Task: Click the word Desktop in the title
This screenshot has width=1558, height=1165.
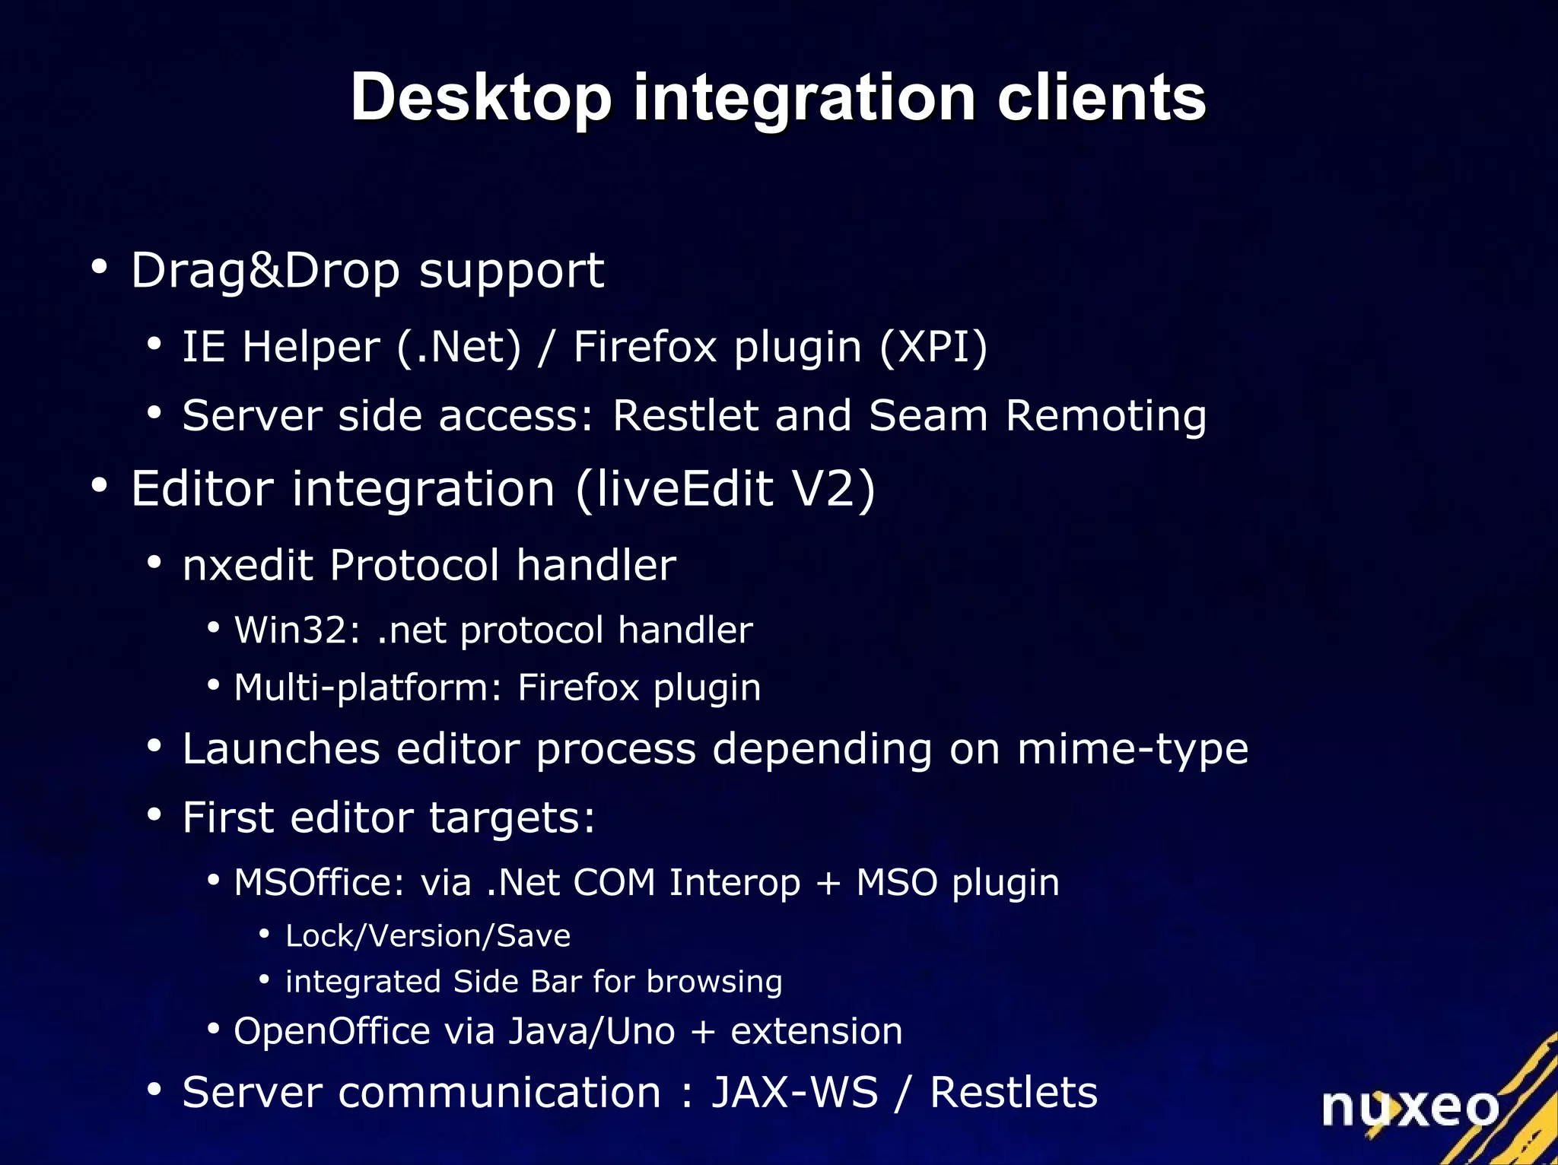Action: pos(481,99)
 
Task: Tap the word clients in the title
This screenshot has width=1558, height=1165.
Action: pos(1101,99)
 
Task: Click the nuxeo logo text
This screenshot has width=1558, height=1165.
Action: pos(1410,1106)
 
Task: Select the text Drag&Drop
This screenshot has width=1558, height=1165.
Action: pos(265,271)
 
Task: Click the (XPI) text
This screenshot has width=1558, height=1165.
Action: pos(933,347)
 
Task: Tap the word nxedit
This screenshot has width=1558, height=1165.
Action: pos(247,565)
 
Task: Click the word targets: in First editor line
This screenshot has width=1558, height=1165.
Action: pos(511,818)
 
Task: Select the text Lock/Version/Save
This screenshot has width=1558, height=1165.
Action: pos(428,936)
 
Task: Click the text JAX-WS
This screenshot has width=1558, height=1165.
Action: pos(794,1093)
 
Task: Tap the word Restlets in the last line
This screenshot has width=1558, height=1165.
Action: pos(1013,1093)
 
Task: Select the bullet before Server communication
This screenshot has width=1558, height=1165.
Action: pos(154,1089)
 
